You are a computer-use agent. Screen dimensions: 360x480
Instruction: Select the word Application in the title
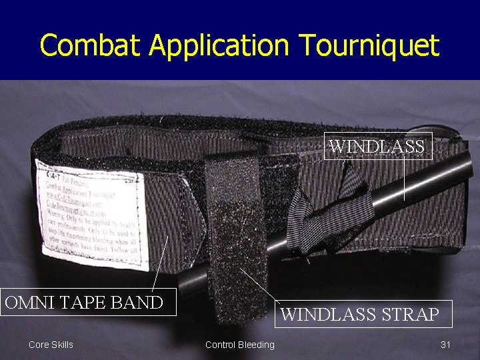click(x=219, y=47)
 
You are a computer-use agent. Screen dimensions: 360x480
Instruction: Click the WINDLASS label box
click(x=378, y=147)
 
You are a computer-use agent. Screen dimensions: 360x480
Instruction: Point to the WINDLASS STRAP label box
click(x=360, y=314)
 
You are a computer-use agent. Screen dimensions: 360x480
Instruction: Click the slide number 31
click(x=446, y=345)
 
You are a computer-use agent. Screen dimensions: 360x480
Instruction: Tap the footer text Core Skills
click(x=51, y=345)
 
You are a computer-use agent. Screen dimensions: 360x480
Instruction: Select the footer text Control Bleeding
click(x=239, y=345)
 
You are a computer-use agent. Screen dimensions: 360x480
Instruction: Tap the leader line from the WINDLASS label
click(x=404, y=180)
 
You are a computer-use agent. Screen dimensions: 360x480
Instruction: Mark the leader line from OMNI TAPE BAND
click(x=160, y=263)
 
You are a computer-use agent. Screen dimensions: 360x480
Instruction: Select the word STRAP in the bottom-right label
click(x=407, y=314)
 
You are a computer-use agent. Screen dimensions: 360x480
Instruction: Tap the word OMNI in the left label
click(x=31, y=302)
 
